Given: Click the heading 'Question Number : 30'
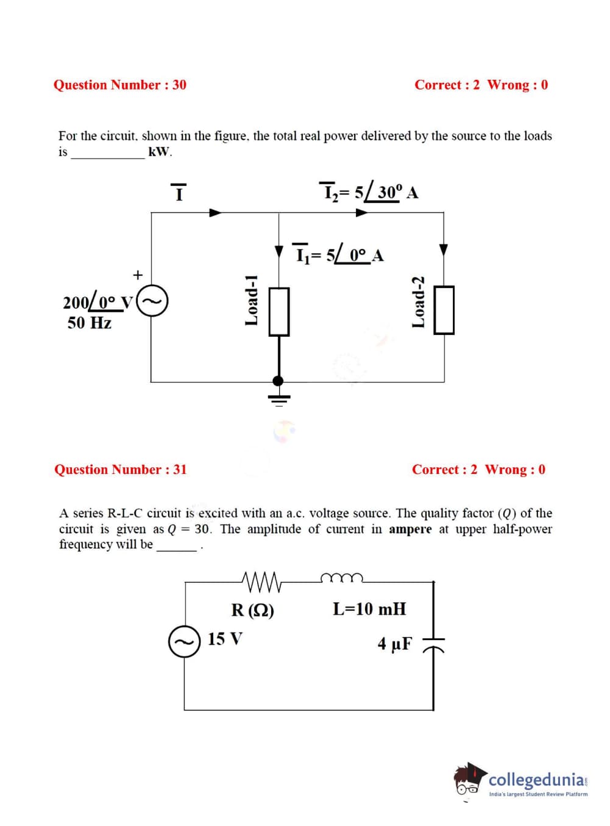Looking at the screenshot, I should pos(120,85).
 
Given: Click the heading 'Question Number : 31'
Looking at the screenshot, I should pos(121,469).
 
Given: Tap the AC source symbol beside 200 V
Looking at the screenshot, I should pos(152,302).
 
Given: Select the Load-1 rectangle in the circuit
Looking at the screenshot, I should pos(279,311).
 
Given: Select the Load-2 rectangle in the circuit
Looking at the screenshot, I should pos(444,310).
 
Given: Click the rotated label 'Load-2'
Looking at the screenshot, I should pos(418,302).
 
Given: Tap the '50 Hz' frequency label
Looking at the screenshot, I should pos(90,322).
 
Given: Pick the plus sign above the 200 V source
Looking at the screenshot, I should pos(138,275).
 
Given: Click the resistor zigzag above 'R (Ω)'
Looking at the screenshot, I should pos(261,582).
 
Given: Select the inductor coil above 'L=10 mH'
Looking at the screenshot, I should pos(342,577).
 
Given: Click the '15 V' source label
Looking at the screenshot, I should pos(225,639).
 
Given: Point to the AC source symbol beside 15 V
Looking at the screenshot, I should pos(184,641).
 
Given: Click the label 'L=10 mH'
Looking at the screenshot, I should pos(369,609).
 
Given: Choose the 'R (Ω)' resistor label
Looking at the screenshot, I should pos(253,609).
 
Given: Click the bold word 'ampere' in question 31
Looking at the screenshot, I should pos(410,529).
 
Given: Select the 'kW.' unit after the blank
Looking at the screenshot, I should pos(160,152).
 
